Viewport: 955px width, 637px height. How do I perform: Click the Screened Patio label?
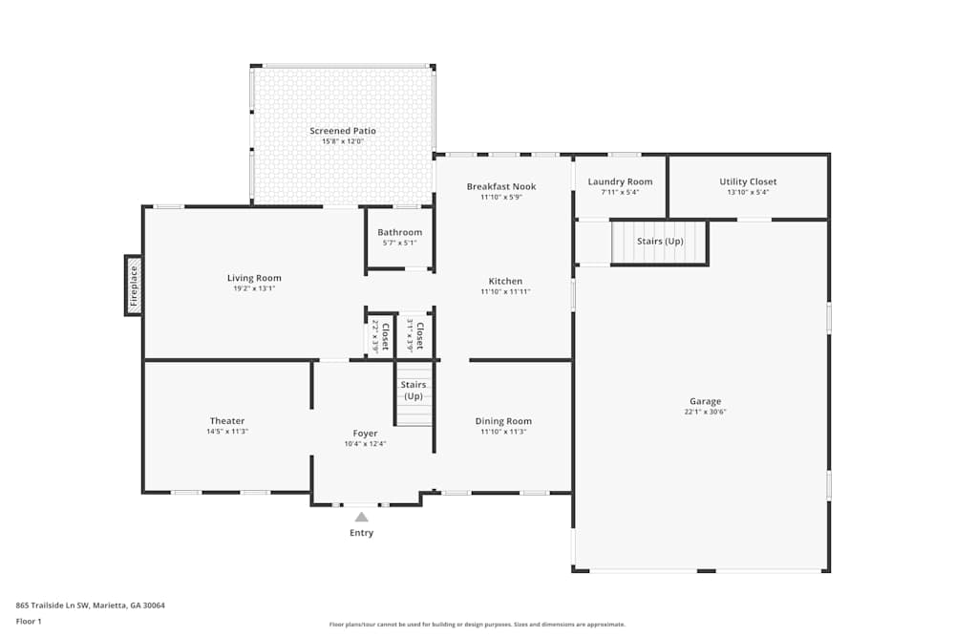(342, 131)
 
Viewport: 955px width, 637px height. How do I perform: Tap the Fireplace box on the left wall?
(134, 285)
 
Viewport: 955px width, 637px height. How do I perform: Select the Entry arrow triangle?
(361, 517)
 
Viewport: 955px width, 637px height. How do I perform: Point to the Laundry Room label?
(620, 181)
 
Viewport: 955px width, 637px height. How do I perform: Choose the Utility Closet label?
(748, 181)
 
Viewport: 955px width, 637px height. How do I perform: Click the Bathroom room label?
(399, 232)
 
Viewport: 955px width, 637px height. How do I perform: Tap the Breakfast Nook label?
(501, 186)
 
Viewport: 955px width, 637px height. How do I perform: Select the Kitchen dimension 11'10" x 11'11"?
(505, 292)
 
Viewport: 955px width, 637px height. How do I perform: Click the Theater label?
(227, 421)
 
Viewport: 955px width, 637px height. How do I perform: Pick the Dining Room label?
(503, 421)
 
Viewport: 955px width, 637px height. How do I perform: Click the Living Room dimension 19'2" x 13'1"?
(254, 288)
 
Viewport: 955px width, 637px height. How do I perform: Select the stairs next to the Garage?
(659, 243)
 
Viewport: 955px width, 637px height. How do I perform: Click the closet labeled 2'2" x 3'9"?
(380, 336)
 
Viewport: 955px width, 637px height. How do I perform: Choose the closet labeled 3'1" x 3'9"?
(414, 336)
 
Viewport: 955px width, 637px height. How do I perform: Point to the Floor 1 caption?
(29, 621)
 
